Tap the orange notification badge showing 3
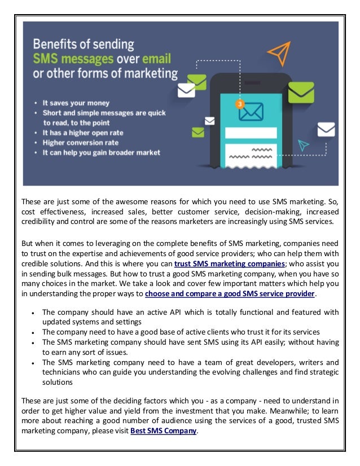(x=240, y=104)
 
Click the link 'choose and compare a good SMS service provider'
(x=230, y=293)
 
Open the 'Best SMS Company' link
(x=164, y=430)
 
